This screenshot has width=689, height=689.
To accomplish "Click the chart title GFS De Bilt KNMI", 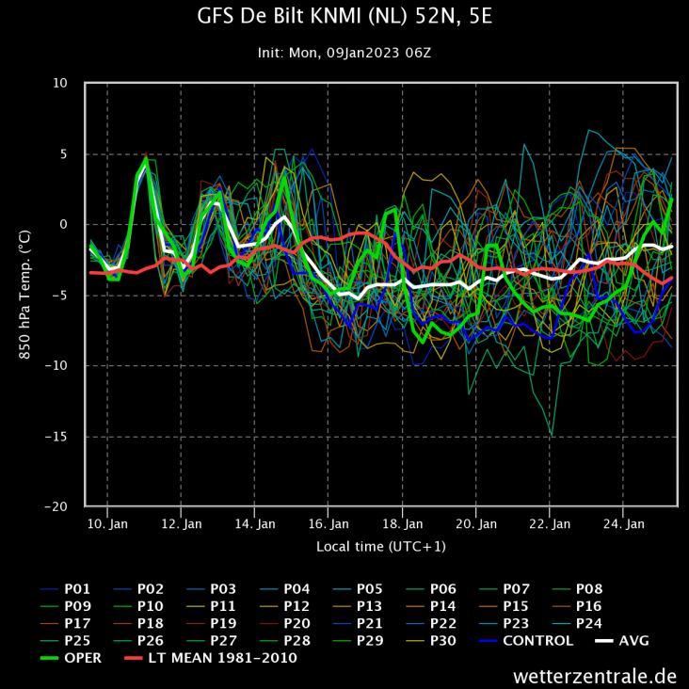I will point(344,17).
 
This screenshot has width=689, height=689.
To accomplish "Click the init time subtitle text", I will point(344,53).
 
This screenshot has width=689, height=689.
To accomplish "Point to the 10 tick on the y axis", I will point(60,83).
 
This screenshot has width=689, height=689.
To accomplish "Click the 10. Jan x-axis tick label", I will point(107,523).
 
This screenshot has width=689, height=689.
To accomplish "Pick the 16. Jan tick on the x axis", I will point(328,523).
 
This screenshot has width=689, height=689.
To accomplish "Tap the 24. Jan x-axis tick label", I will point(622,523).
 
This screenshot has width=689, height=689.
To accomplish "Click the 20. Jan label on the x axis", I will point(475,523).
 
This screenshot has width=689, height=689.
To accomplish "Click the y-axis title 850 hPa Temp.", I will point(25,295).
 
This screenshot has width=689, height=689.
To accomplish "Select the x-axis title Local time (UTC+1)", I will point(381,546).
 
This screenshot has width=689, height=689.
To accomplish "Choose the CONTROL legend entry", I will point(537,641).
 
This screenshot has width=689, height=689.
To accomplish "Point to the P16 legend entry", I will point(588,606).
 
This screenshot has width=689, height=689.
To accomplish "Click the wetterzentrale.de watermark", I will point(595,675).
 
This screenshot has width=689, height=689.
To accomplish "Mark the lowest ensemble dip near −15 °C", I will point(552,435).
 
